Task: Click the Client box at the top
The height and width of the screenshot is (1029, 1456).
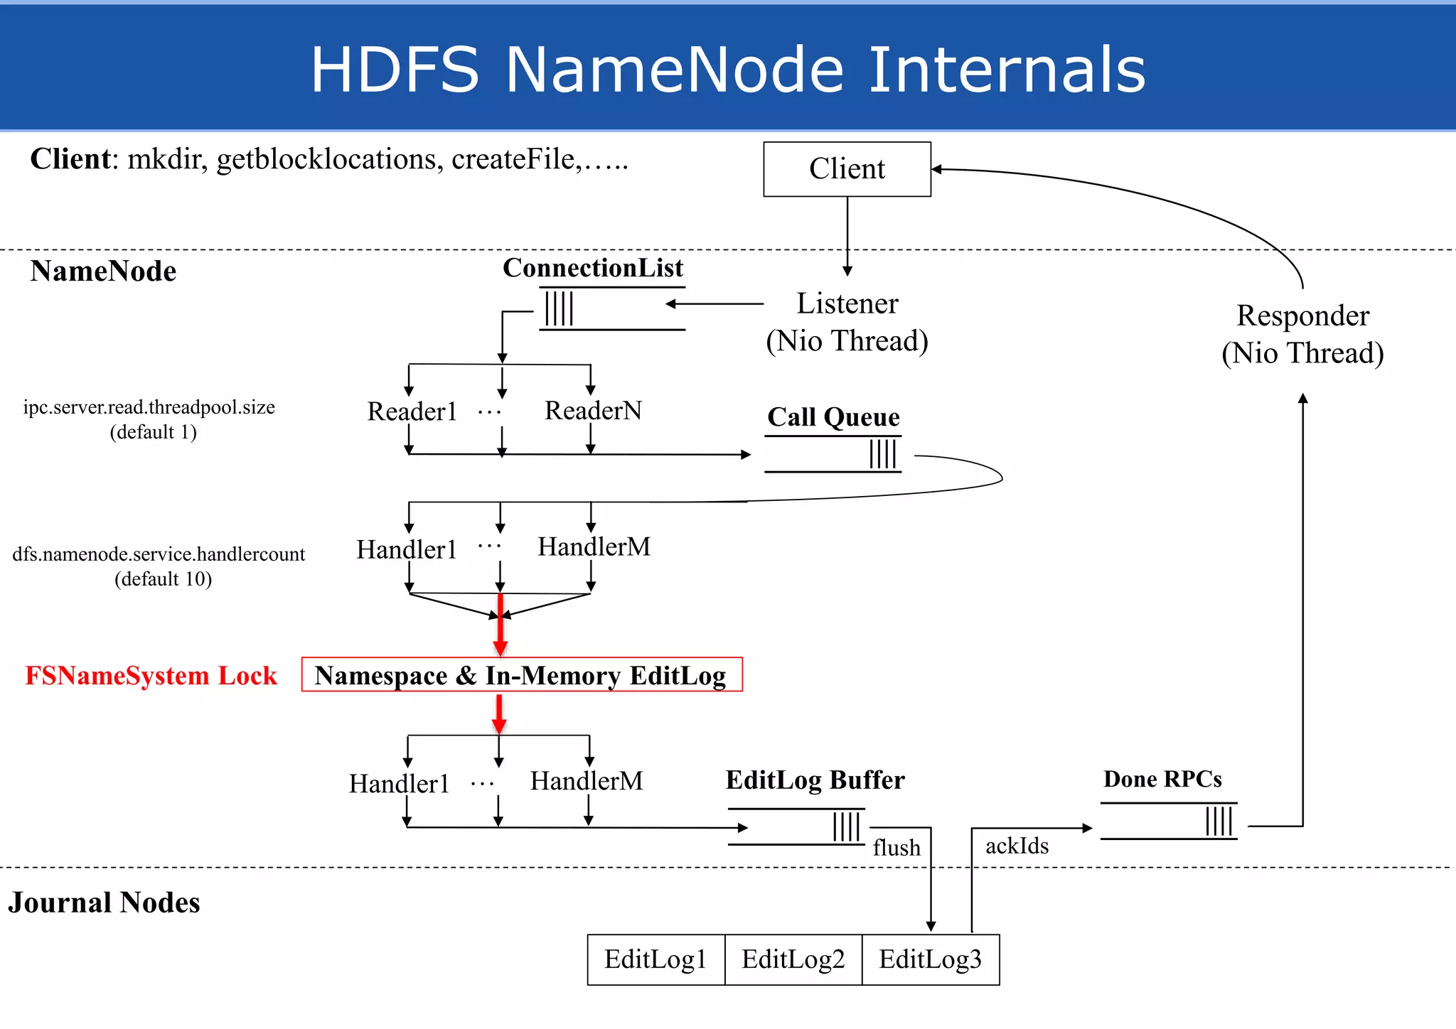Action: [x=847, y=169]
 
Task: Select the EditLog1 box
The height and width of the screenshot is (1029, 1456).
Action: [x=655, y=959]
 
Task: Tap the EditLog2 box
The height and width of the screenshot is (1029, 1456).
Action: [x=793, y=959]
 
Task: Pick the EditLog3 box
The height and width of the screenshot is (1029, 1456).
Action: [x=931, y=959]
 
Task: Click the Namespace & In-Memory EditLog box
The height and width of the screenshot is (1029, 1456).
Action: [x=521, y=675]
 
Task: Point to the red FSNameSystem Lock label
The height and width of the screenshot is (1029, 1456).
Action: [x=151, y=675]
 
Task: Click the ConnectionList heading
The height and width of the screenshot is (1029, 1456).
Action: [x=593, y=268]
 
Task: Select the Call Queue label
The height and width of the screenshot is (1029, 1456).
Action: [x=833, y=417]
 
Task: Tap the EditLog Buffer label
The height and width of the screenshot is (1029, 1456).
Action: [x=815, y=780]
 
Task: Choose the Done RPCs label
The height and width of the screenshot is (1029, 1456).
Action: [x=1162, y=780]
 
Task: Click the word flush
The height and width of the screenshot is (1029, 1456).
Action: [x=896, y=848]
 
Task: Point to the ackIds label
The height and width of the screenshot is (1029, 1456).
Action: [x=1017, y=846]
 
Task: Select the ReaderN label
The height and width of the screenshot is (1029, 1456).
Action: [x=593, y=411]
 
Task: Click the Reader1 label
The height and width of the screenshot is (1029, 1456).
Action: [x=412, y=411]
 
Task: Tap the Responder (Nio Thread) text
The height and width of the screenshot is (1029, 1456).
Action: [x=1302, y=334]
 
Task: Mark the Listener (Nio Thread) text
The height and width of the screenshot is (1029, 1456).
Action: [x=847, y=322]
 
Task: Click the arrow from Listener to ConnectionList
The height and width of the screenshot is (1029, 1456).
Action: [x=714, y=304]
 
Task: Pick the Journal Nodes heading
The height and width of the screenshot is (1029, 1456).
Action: [x=105, y=903]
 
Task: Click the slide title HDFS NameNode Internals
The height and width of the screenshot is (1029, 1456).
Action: [x=728, y=69]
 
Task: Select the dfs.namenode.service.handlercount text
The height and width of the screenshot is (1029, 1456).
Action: [x=159, y=554]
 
